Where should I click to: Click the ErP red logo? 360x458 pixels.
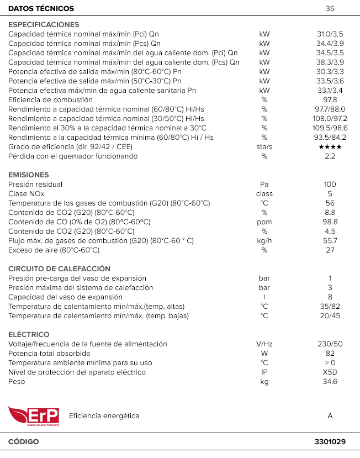point(33,416)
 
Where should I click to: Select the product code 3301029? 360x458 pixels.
point(330,442)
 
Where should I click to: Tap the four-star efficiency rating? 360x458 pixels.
point(330,147)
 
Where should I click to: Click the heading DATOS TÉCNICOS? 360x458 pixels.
point(41,9)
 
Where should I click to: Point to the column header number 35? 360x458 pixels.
point(330,9)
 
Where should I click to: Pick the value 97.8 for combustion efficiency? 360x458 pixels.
point(330,100)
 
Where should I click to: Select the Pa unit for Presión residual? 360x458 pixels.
point(264,185)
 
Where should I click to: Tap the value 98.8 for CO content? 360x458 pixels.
point(330,222)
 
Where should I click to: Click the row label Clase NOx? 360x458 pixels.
point(27,194)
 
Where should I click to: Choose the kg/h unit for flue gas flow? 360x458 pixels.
point(264,241)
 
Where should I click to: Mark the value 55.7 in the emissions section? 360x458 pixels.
point(330,241)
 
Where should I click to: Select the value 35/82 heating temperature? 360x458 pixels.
point(330,307)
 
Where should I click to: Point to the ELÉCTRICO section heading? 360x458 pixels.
point(29,335)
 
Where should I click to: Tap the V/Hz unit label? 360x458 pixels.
point(264,344)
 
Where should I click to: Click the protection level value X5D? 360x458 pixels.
point(330,372)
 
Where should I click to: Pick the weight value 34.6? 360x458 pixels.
point(330,382)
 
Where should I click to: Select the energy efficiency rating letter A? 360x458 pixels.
point(330,416)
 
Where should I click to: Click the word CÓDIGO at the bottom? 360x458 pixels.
point(24,442)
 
